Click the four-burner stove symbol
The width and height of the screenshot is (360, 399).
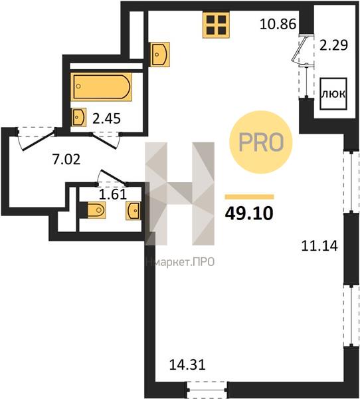(x=216, y=25)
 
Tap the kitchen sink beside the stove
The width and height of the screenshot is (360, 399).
(x=159, y=55)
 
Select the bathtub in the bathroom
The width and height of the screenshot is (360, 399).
(x=102, y=86)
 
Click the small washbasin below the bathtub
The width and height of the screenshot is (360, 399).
(x=79, y=117)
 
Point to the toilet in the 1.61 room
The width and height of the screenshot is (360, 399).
(x=96, y=209)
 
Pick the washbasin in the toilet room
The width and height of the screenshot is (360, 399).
(x=134, y=211)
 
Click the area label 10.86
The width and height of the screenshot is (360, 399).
(x=278, y=25)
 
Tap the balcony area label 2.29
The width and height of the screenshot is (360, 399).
(x=333, y=45)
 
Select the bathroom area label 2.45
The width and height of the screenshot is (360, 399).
(x=106, y=118)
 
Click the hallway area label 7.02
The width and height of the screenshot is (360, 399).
(x=66, y=160)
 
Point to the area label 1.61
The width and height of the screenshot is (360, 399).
(x=113, y=195)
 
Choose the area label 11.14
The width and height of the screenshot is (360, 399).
(x=319, y=246)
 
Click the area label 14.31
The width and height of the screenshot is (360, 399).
(x=187, y=365)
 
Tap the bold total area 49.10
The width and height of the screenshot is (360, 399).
(x=249, y=213)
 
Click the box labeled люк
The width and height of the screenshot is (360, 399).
(x=333, y=94)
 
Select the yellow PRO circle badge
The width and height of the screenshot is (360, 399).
(x=261, y=142)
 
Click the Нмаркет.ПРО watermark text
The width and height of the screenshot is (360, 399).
(x=180, y=262)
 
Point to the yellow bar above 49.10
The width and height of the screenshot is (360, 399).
(x=249, y=197)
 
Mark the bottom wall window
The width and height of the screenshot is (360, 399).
(x=207, y=390)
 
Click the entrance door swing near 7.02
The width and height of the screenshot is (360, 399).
(x=37, y=139)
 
